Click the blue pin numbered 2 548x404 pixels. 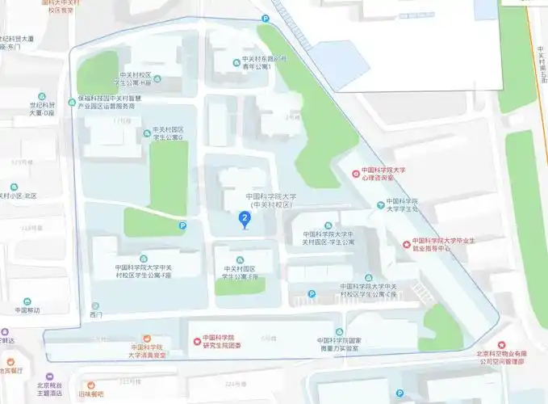click(244, 217)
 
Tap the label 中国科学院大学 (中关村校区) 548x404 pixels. click(271, 200)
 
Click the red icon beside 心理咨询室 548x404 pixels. click(356, 173)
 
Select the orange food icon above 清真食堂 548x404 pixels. click(147, 338)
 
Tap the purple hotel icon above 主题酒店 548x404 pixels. click(51, 377)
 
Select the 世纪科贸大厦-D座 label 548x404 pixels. click(41, 109)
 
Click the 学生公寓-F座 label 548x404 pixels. click(143, 271)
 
